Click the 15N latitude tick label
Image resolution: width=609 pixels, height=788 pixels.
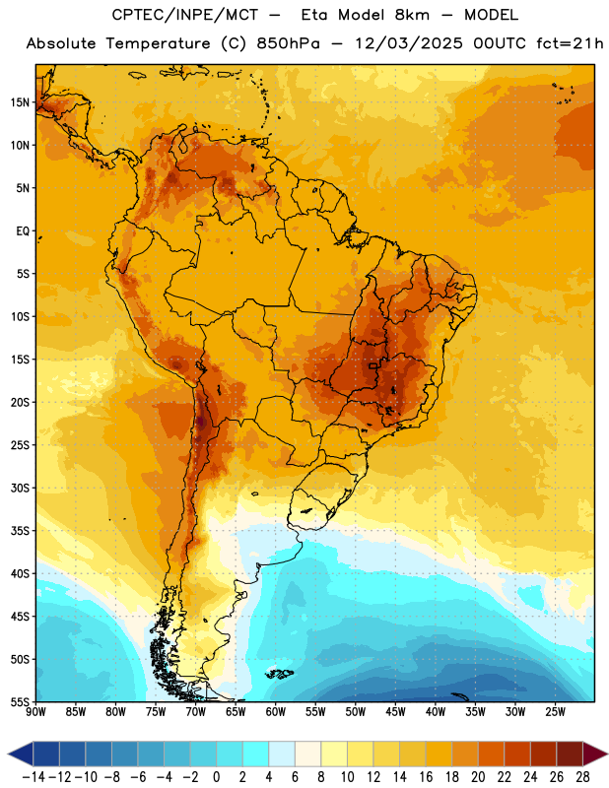(x=20, y=102)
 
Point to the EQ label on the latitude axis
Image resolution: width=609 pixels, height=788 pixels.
(x=23, y=231)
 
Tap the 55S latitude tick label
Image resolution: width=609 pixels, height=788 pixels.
(x=20, y=701)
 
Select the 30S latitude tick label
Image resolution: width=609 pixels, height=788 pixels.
(x=20, y=488)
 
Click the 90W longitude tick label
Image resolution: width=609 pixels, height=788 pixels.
(x=35, y=712)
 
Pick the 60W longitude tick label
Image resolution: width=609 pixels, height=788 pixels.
(x=276, y=712)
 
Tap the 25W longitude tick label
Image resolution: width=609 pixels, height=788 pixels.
(x=555, y=712)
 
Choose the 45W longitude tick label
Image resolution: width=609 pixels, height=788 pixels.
(x=396, y=712)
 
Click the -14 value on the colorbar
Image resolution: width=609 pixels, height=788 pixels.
(x=34, y=777)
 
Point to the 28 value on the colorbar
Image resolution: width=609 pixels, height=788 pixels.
(x=582, y=777)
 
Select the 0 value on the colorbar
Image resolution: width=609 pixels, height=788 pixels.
(x=216, y=777)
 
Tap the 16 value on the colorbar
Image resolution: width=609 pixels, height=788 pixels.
(x=426, y=777)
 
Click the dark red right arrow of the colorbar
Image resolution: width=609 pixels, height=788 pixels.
(x=594, y=754)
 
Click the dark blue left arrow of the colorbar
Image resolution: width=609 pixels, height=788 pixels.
(x=21, y=754)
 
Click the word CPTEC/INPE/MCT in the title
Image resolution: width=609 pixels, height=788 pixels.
(x=185, y=15)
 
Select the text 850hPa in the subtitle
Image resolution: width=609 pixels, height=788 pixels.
(x=288, y=43)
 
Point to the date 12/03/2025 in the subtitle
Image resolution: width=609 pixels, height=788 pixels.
(x=408, y=43)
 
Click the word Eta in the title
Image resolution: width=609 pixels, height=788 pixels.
(x=315, y=15)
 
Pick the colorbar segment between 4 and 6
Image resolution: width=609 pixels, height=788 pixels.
(x=282, y=754)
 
